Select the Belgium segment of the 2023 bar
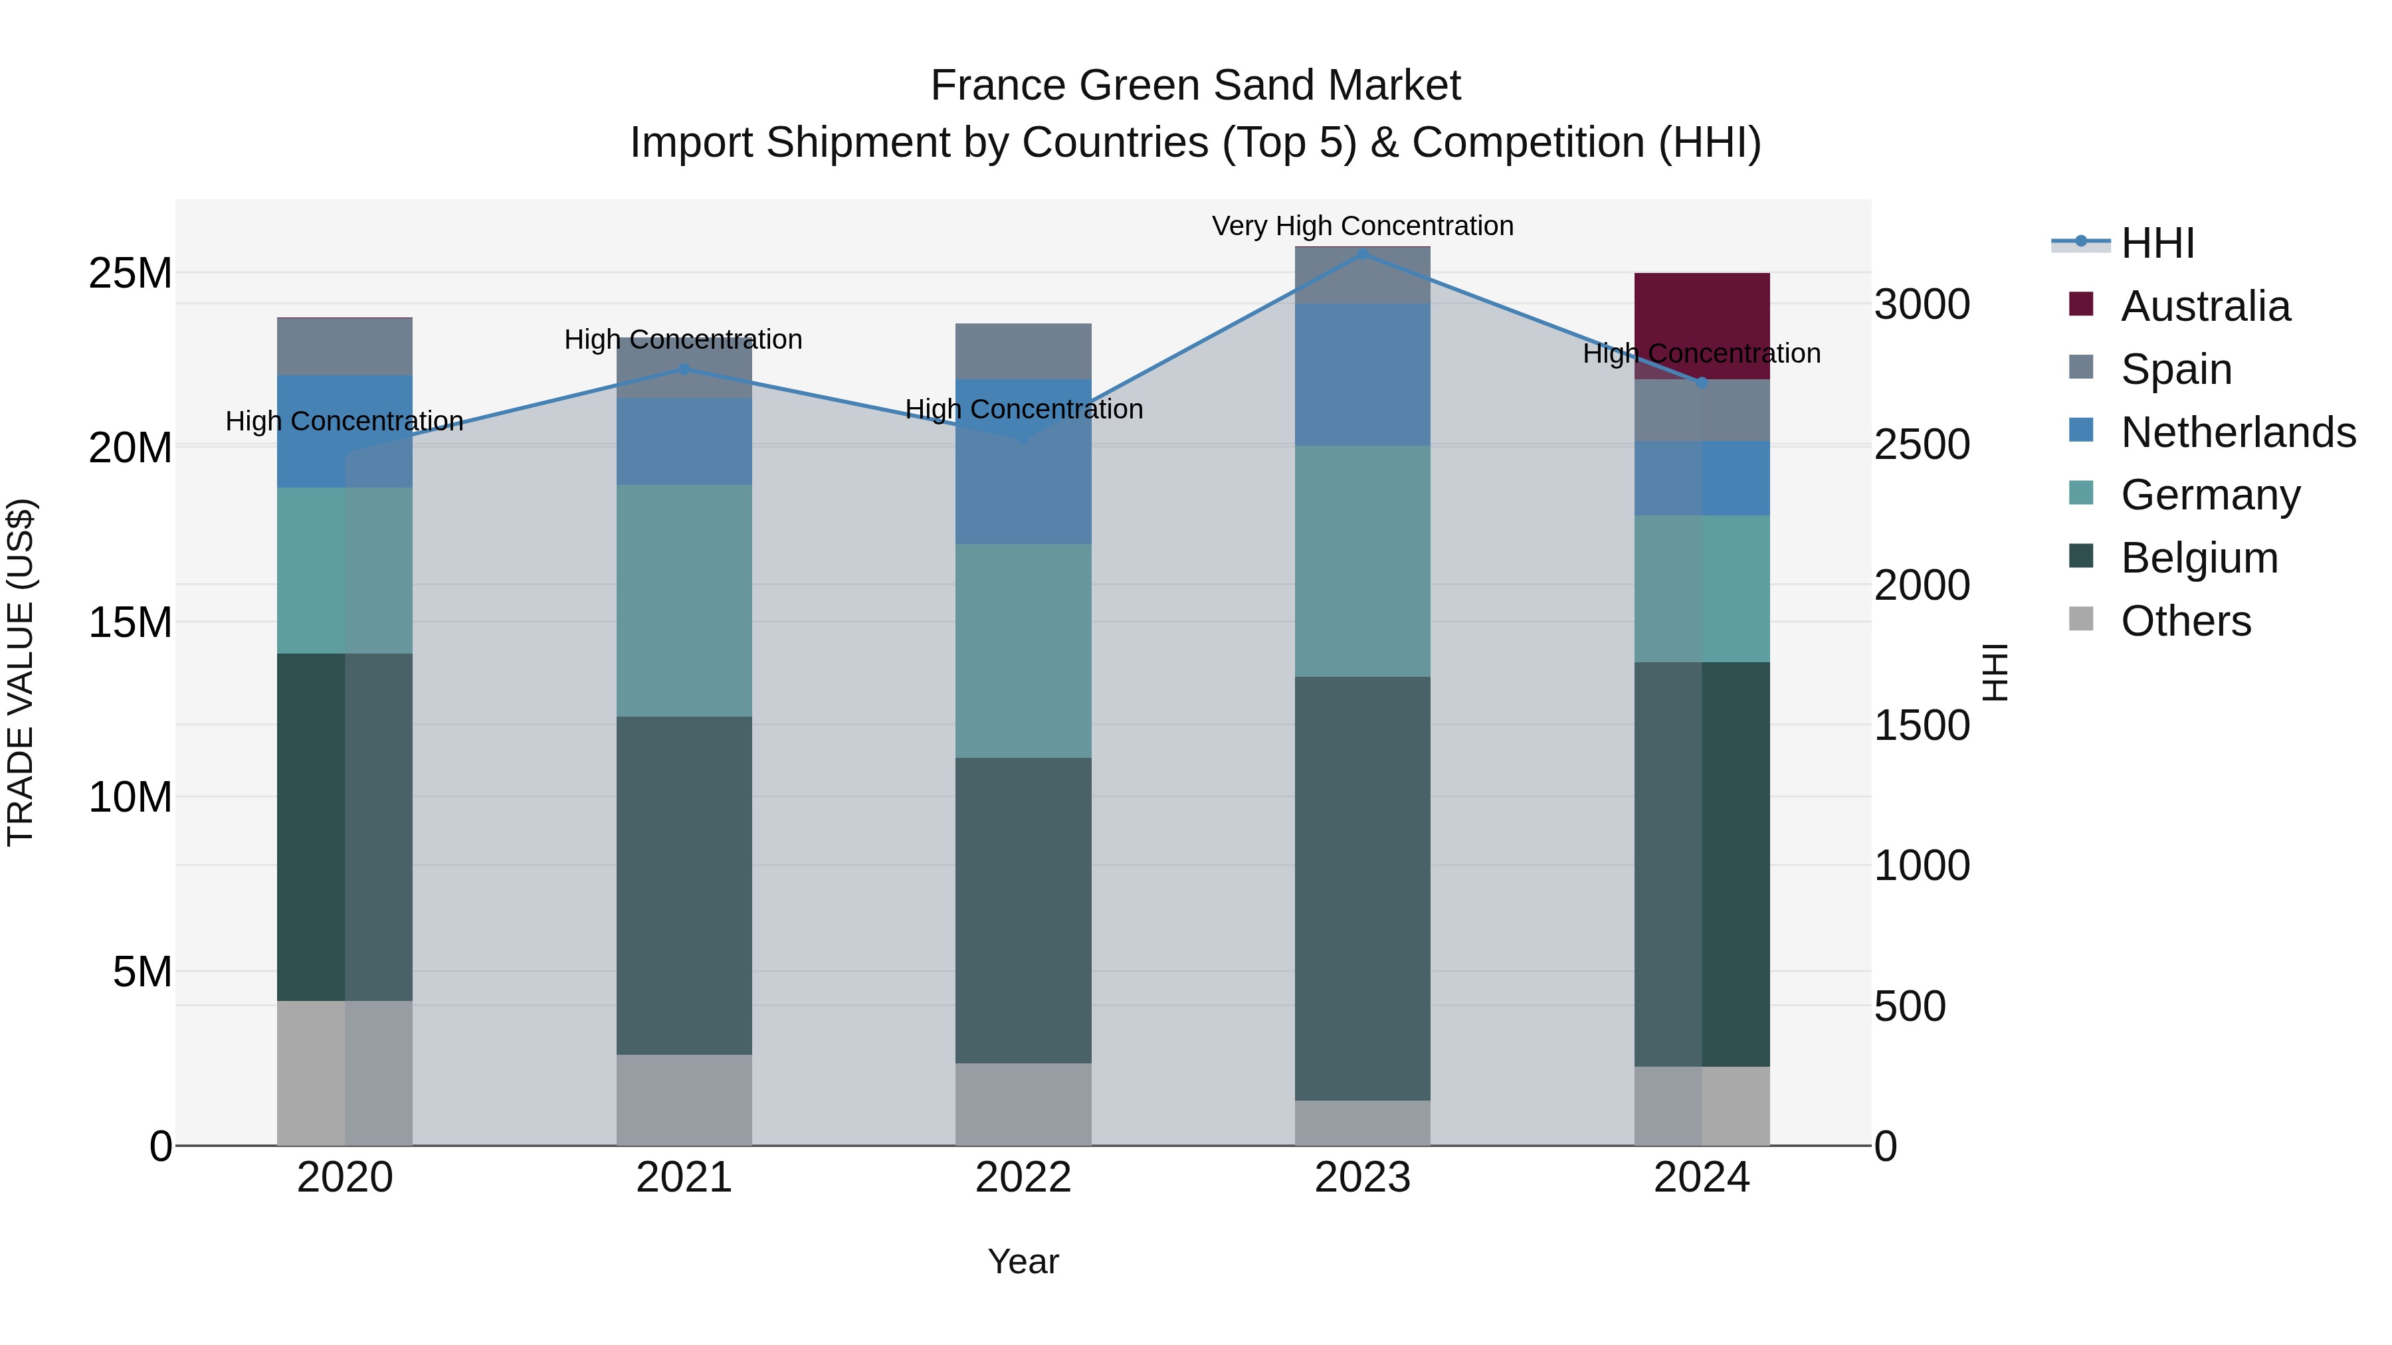point(1362,887)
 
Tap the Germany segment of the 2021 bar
point(684,600)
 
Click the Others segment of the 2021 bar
point(684,1099)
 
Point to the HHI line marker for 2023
point(1362,254)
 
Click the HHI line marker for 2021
point(684,369)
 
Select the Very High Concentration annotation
point(1362,226)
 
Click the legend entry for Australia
point(2205,306)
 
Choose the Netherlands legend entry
point(2238,432)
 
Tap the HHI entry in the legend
point(2157,243)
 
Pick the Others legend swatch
point(2081,619)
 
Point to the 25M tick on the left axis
point(130,274)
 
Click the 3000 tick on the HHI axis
point(1921,304)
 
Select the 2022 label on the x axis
point(1023,1178)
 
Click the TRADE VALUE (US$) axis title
point(21,672)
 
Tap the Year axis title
point(1023,1261)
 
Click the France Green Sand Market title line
point(1195,86)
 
